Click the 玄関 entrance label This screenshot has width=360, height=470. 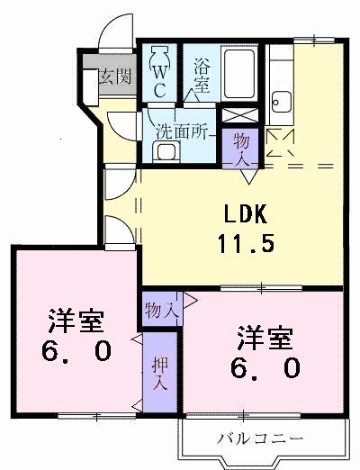[x=114, y=76]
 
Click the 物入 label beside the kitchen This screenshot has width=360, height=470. [x=243, y=147]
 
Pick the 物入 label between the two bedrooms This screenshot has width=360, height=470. [x=160, y=310]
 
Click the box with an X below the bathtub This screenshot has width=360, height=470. [x=240, y=117]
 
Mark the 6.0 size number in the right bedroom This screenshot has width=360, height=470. [x=265, y=368]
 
